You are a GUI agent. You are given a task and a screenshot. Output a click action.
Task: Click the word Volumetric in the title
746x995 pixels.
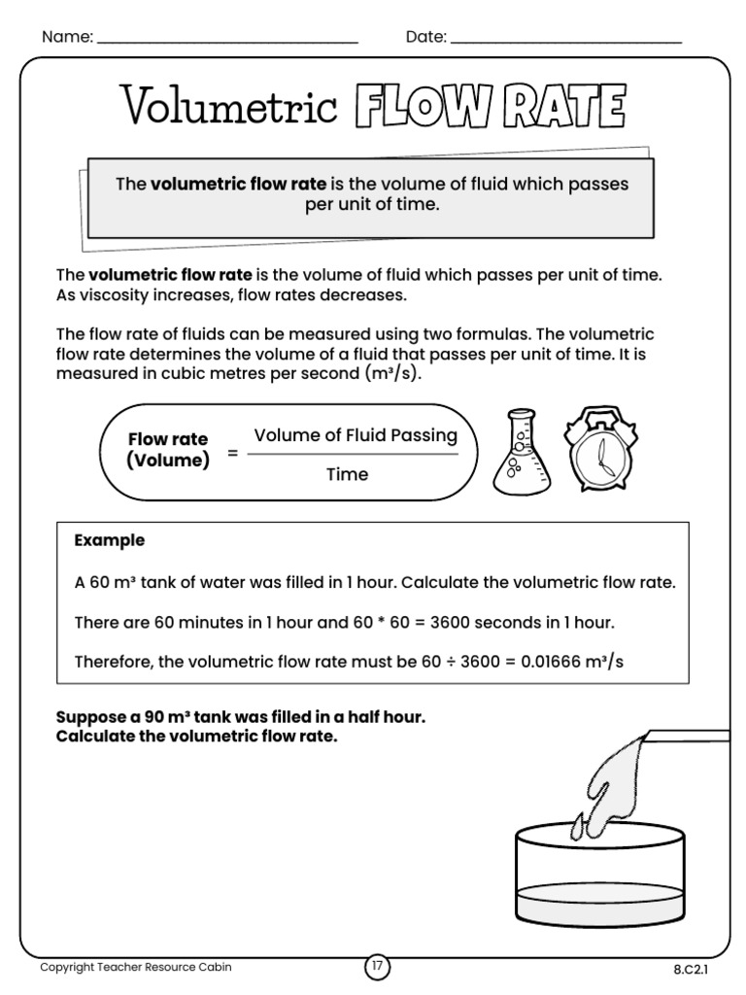click(228, 105)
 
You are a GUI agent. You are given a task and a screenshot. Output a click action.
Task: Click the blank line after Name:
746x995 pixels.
click(228, 42)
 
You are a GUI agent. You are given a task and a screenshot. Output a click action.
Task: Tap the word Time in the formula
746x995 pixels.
click(347, 474)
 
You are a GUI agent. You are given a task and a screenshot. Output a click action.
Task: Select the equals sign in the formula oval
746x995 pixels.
click(232, 453)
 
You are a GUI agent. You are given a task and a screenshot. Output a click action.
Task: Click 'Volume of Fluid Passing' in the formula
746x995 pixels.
click(355, 435)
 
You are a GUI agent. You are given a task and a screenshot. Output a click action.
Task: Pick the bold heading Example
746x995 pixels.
click(110, 540)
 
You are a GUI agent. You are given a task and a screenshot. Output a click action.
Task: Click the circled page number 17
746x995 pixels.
click(376, 968)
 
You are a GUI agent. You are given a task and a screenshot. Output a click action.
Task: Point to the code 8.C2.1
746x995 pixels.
click(690, 969)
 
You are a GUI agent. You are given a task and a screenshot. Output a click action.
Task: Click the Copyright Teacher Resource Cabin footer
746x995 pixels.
click(135, 968)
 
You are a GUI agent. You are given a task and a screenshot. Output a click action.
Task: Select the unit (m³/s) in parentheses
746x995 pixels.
click(391, 374)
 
